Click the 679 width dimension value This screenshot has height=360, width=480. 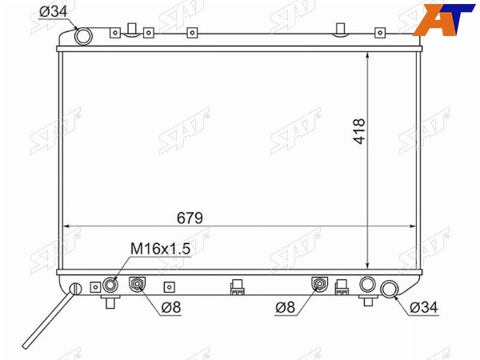(190, 218)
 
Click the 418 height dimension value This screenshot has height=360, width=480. (359, 131)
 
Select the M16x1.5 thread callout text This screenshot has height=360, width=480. (161, 249)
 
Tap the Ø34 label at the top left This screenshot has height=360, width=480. (54, 12)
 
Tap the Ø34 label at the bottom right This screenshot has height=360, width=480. (424, 307)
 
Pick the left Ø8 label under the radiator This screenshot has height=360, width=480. (171, 307)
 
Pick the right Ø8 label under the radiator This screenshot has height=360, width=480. (285, 307)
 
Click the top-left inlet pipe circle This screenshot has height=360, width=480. (83, 37)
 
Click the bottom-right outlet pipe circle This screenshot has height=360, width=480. (389, 290)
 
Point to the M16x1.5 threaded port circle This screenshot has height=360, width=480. (110, 286)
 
